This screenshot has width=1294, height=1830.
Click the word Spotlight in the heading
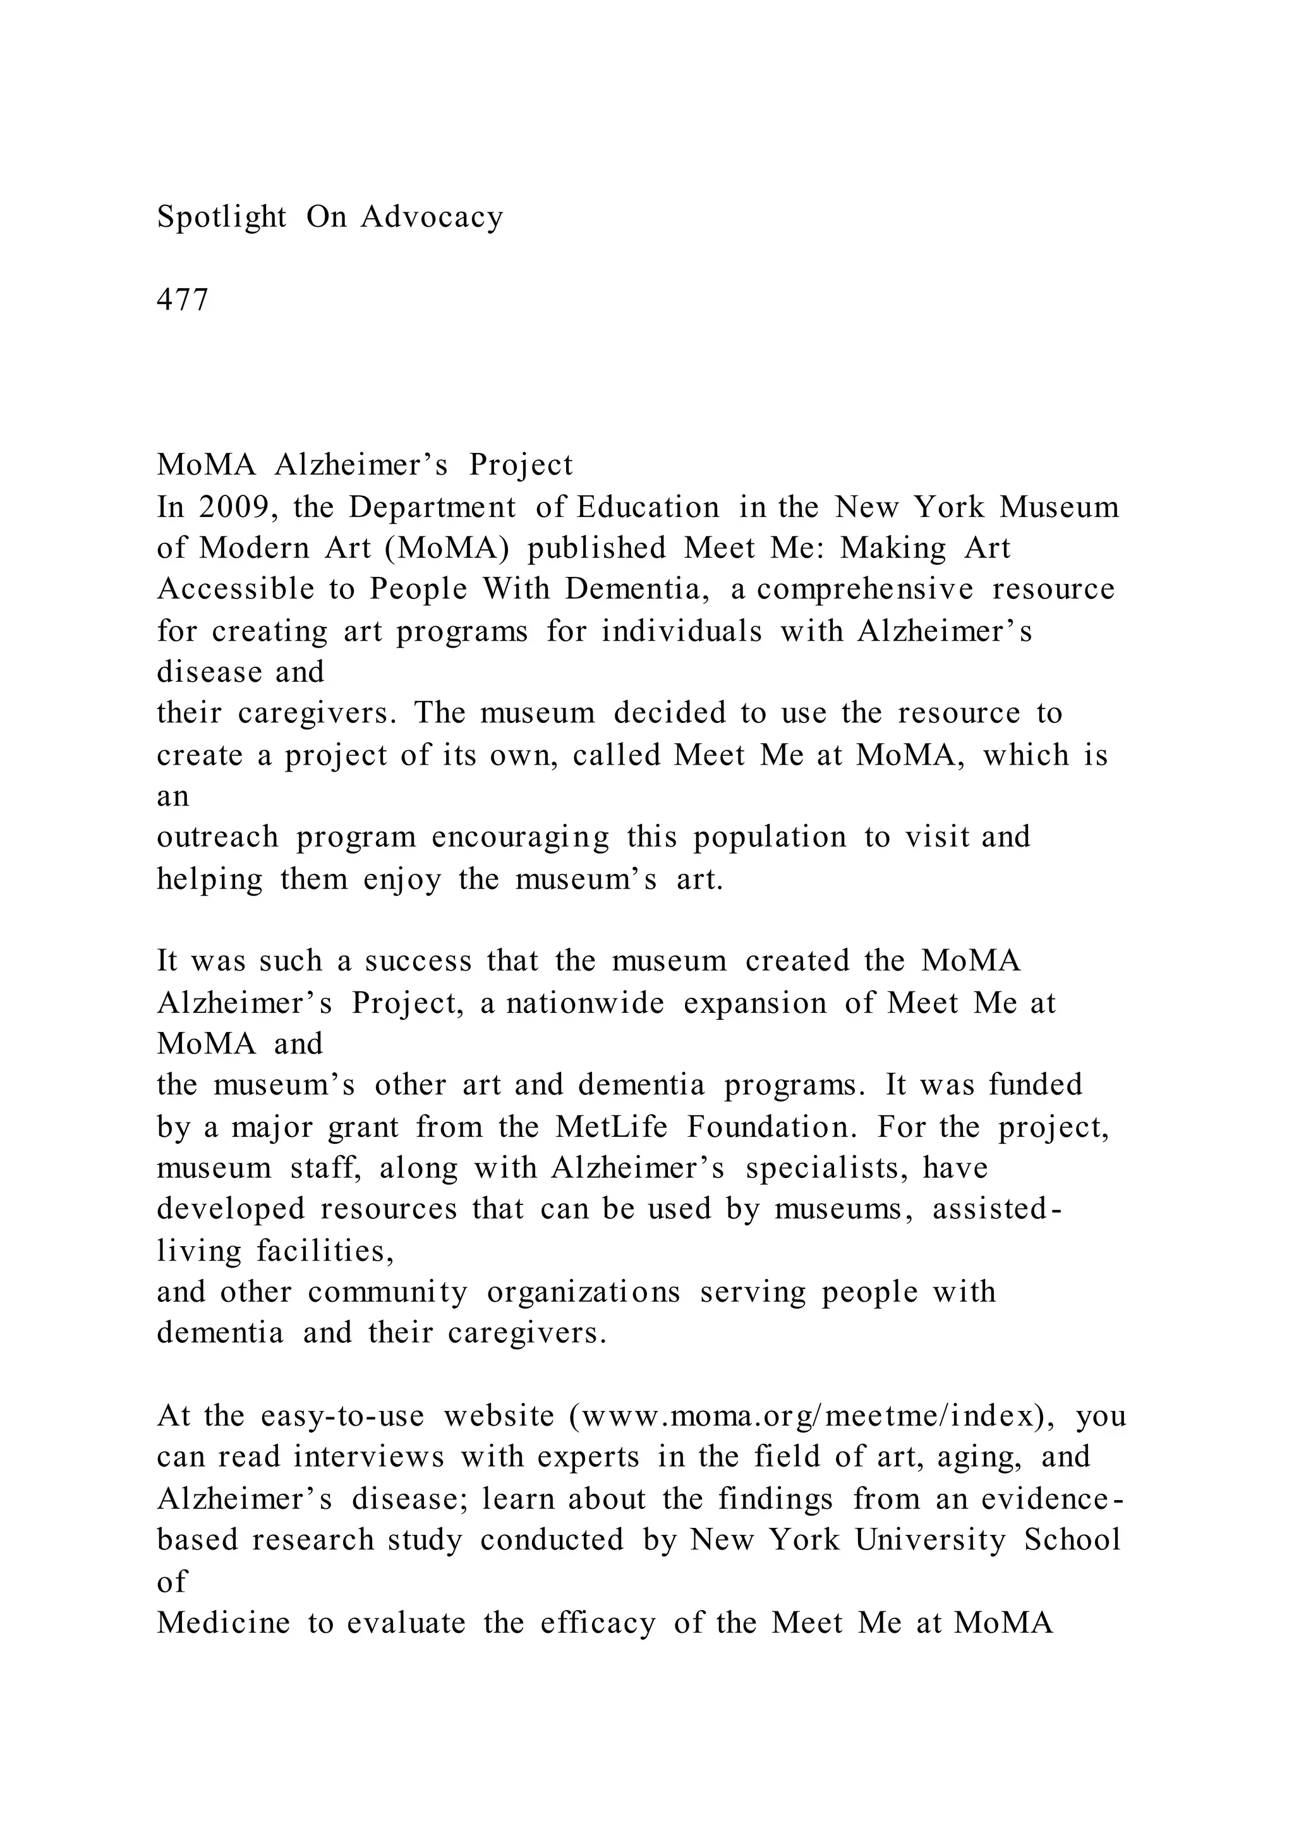coord(222,217)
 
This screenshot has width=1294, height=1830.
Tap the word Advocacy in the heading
coord(432,217)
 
